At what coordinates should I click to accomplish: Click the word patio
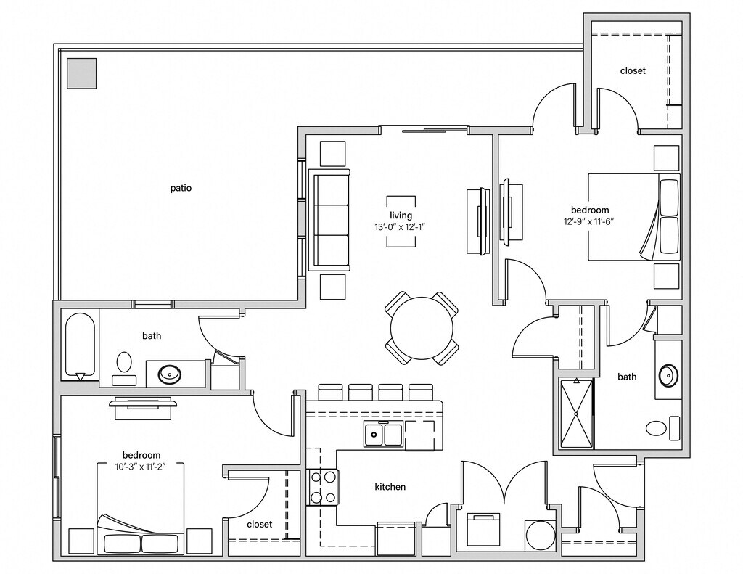181,188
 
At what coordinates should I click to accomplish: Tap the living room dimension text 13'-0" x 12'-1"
401,227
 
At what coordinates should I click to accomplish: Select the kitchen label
390,487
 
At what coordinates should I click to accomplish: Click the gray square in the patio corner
81,73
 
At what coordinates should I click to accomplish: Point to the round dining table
422,329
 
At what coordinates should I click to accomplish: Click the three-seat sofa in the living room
329,220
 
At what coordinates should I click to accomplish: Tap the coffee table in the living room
401,221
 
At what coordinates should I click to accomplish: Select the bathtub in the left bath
80,345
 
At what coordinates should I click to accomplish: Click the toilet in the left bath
124,366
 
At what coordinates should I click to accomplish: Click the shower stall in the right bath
576,413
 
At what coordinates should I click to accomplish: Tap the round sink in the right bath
668,376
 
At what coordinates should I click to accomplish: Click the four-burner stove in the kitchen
322,487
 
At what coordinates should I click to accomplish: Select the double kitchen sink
382,434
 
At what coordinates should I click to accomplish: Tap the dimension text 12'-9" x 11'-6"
590,222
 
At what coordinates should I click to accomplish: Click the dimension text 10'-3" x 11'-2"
141,467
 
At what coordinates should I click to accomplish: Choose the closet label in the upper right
632,71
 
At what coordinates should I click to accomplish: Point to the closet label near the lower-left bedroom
259,524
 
